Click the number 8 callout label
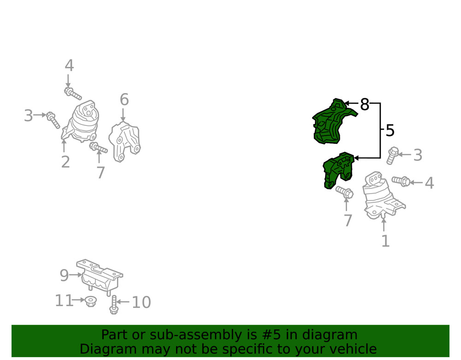365,104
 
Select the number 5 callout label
390,130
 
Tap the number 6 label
124,100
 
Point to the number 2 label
65,162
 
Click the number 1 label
385,241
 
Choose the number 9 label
64,275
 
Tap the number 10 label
142,302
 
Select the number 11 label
64,301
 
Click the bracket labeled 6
124,142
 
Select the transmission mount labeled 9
100,276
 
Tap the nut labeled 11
90,302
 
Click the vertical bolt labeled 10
114,305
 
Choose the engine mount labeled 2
80,121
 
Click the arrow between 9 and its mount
76,275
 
